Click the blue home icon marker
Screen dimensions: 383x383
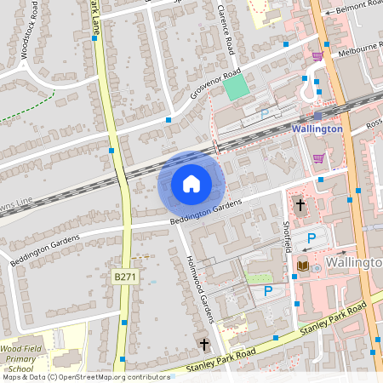[191, 183]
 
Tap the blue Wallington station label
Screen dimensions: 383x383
[316, 129]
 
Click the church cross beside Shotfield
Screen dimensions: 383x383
[300, 205]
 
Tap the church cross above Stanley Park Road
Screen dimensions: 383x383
[203, 345]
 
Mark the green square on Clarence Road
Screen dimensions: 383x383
[236, 87]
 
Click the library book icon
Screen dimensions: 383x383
[301, 266]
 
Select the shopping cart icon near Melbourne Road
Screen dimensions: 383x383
[317, 56]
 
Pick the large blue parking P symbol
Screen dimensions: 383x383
[311, 239]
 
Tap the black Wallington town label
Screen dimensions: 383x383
[353, 264]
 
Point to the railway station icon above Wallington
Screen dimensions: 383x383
[317, 116]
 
